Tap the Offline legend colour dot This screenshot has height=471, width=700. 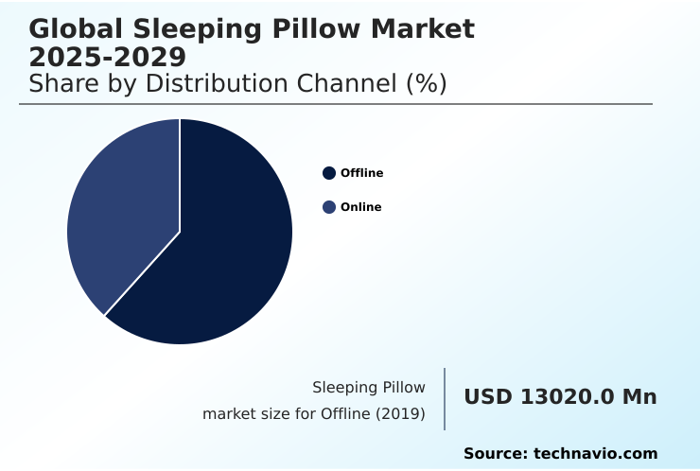tap(329, 173)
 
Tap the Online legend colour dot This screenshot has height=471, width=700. tap(329, 207)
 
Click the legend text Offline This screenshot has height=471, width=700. tap(361, 173)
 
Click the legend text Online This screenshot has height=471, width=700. tap(360, 207)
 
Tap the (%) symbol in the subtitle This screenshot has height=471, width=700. tap(426, 83)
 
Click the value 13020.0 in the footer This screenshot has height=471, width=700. tap(568, 397)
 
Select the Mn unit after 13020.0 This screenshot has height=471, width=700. tap(639, 397)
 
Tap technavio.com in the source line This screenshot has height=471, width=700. tap(595, 454)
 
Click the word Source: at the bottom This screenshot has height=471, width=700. tap(495, 454)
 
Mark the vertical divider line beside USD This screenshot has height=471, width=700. tap(445, 399)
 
